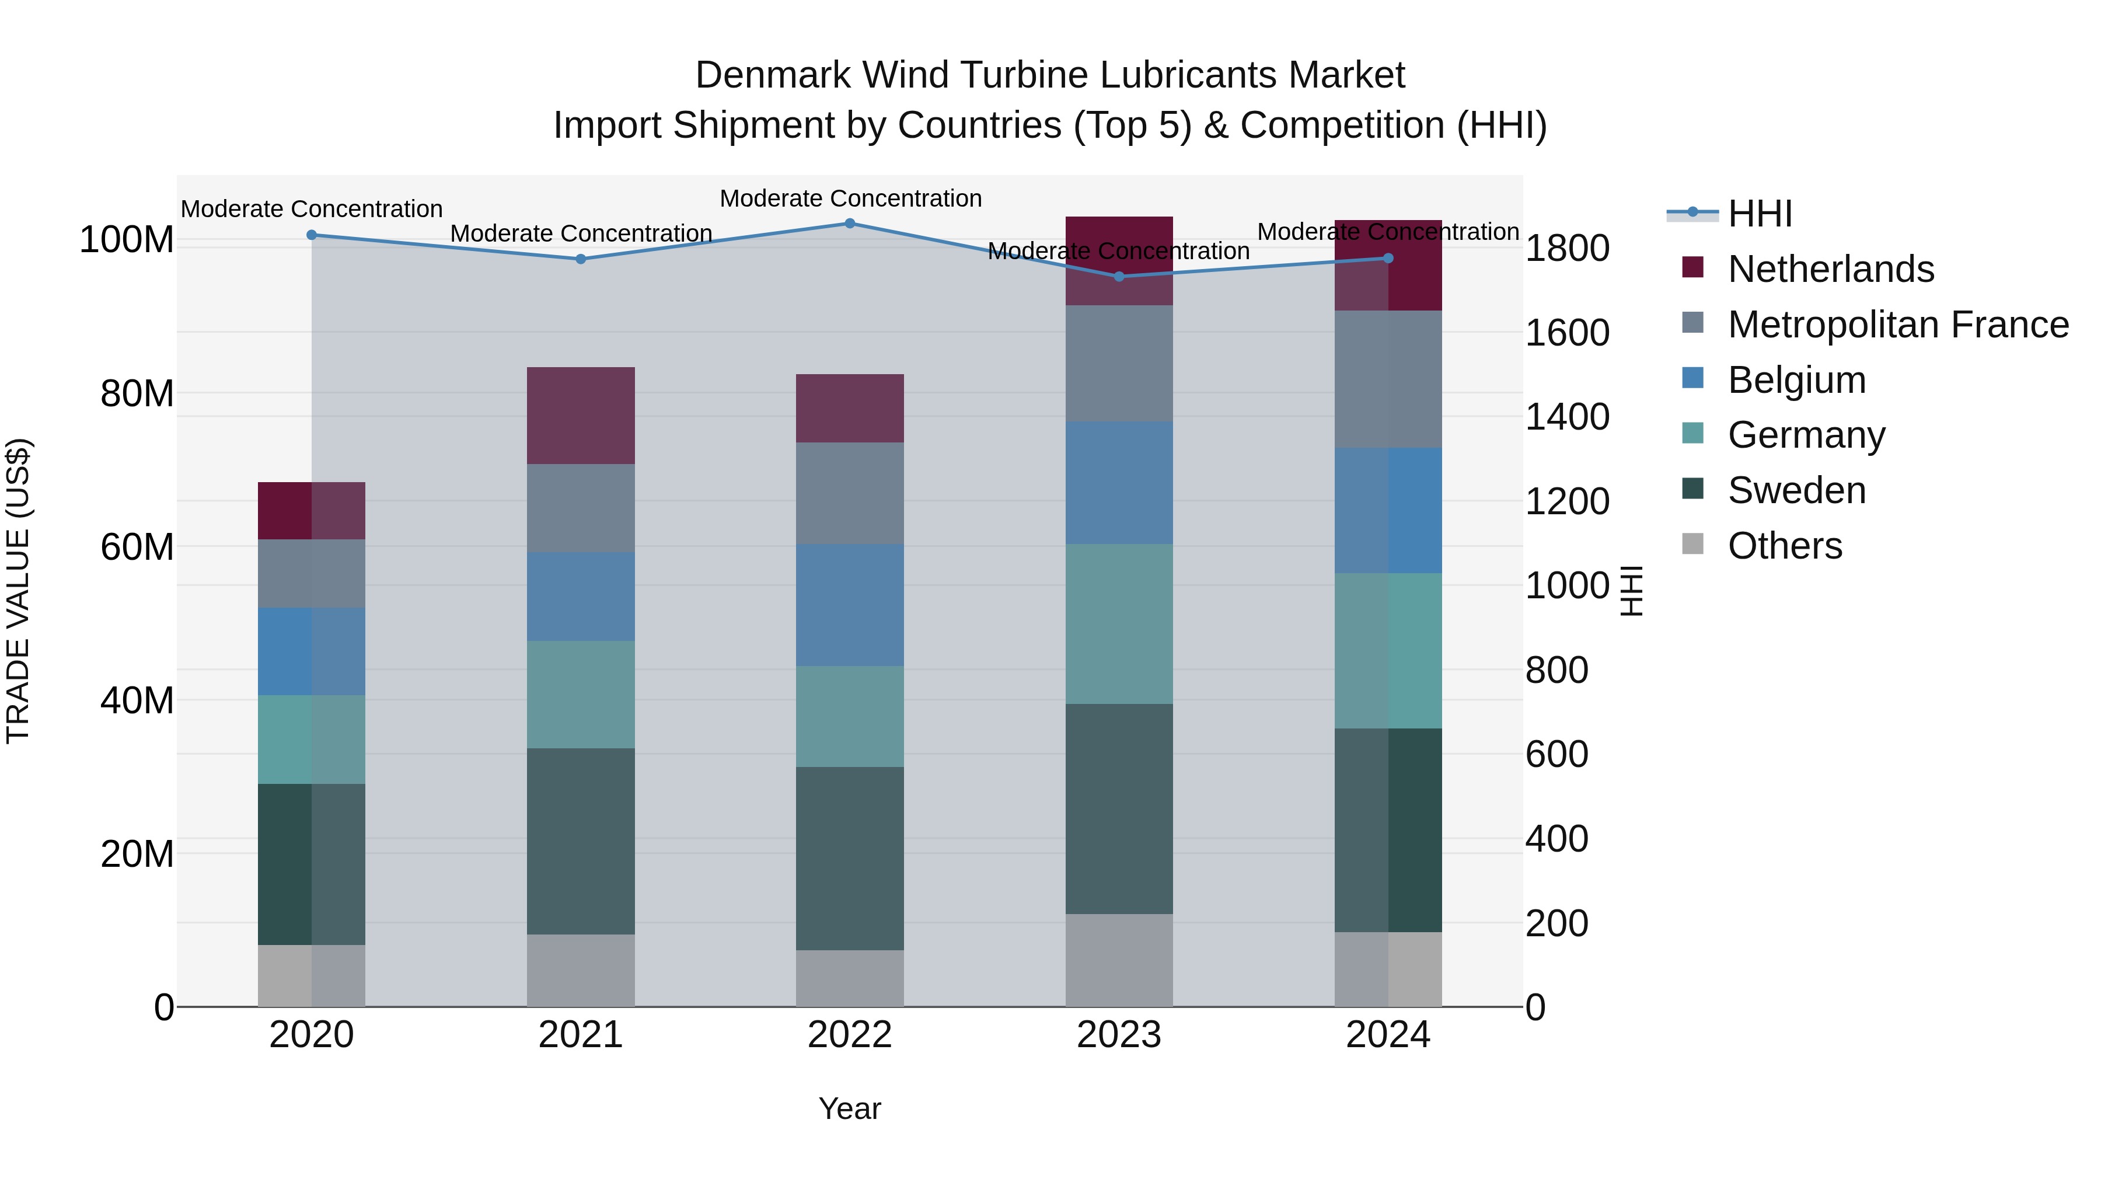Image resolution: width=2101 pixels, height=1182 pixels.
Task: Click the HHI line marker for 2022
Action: pos(849,224)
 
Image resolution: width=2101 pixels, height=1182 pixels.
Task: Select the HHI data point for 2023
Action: pos(1118,277)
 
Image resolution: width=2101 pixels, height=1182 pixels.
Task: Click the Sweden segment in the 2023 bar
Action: pos(1118,808)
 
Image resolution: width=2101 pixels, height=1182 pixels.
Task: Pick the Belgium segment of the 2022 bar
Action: pos(849,605)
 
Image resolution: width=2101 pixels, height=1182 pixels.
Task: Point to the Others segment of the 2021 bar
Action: pos(580,970)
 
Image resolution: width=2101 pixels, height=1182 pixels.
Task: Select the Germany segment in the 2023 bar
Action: pos(1118,624)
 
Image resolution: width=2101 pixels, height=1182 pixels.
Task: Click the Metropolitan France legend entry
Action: pos(1897,325)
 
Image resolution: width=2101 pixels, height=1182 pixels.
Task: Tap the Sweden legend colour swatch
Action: pos(1692,490)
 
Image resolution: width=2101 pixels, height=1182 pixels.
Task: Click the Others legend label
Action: pos(1785,546)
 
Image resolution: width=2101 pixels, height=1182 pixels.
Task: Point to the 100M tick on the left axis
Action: pos(127,240)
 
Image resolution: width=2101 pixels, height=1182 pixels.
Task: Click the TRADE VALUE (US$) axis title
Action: pos(18,591)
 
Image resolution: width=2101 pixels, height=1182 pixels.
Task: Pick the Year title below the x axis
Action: pos(849,1108)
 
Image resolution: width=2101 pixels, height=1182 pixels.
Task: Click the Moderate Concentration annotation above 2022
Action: pos(850,198)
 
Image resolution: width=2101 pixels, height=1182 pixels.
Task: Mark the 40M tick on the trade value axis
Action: pos(137,700)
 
